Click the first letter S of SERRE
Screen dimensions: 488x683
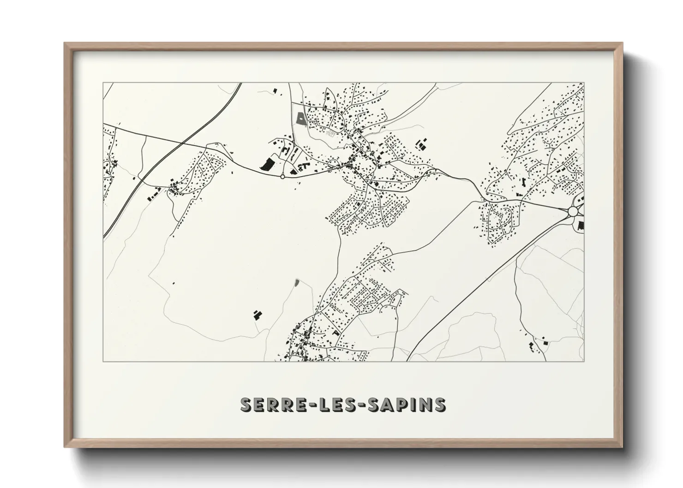pos(246,404)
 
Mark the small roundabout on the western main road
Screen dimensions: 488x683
pos(282,176)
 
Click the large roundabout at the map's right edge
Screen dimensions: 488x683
pos(573,211)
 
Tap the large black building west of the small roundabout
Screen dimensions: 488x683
pos(267,164)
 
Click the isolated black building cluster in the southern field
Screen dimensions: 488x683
pos(257,315)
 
